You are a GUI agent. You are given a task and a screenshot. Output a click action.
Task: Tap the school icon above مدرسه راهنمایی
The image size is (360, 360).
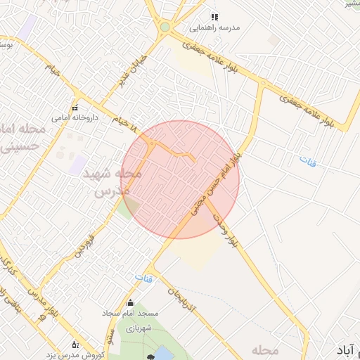[x=214, y=15]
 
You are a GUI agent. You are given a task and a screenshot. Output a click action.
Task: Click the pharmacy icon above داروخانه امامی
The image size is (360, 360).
[x=75, y=108]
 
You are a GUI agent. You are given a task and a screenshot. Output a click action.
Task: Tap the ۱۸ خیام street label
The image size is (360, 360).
[x=126, y=124]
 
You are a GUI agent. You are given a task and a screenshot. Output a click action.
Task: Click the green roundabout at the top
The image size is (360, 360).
[x=165, y=27]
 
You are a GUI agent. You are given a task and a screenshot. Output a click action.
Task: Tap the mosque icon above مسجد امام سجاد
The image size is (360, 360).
[x=129, y=304]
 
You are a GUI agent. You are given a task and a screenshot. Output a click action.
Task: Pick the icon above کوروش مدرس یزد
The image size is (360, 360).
[x=75, y=344]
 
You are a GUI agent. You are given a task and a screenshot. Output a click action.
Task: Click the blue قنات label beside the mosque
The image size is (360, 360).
[x=143, y=278]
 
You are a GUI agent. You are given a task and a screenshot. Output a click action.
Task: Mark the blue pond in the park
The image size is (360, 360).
[x=162, y=353]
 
